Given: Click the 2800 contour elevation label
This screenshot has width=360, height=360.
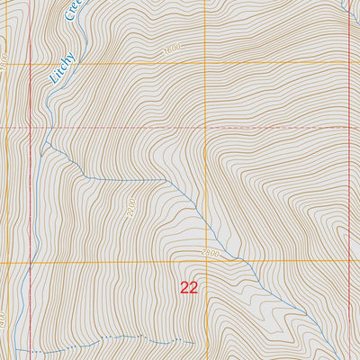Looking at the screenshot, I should click(211, 252).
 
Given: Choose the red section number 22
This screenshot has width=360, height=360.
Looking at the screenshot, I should click(189, 288).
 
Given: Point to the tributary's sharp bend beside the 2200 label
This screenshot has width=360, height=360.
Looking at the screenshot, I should click(165, 178).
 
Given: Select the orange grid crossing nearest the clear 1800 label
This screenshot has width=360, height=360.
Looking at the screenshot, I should click(205, 63).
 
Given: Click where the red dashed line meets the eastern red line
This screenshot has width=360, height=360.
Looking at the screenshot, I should click(348, 127).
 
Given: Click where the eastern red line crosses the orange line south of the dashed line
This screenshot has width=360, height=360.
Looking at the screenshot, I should click(348, 262).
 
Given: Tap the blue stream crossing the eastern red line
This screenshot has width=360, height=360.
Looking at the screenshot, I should click(347, 7).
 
